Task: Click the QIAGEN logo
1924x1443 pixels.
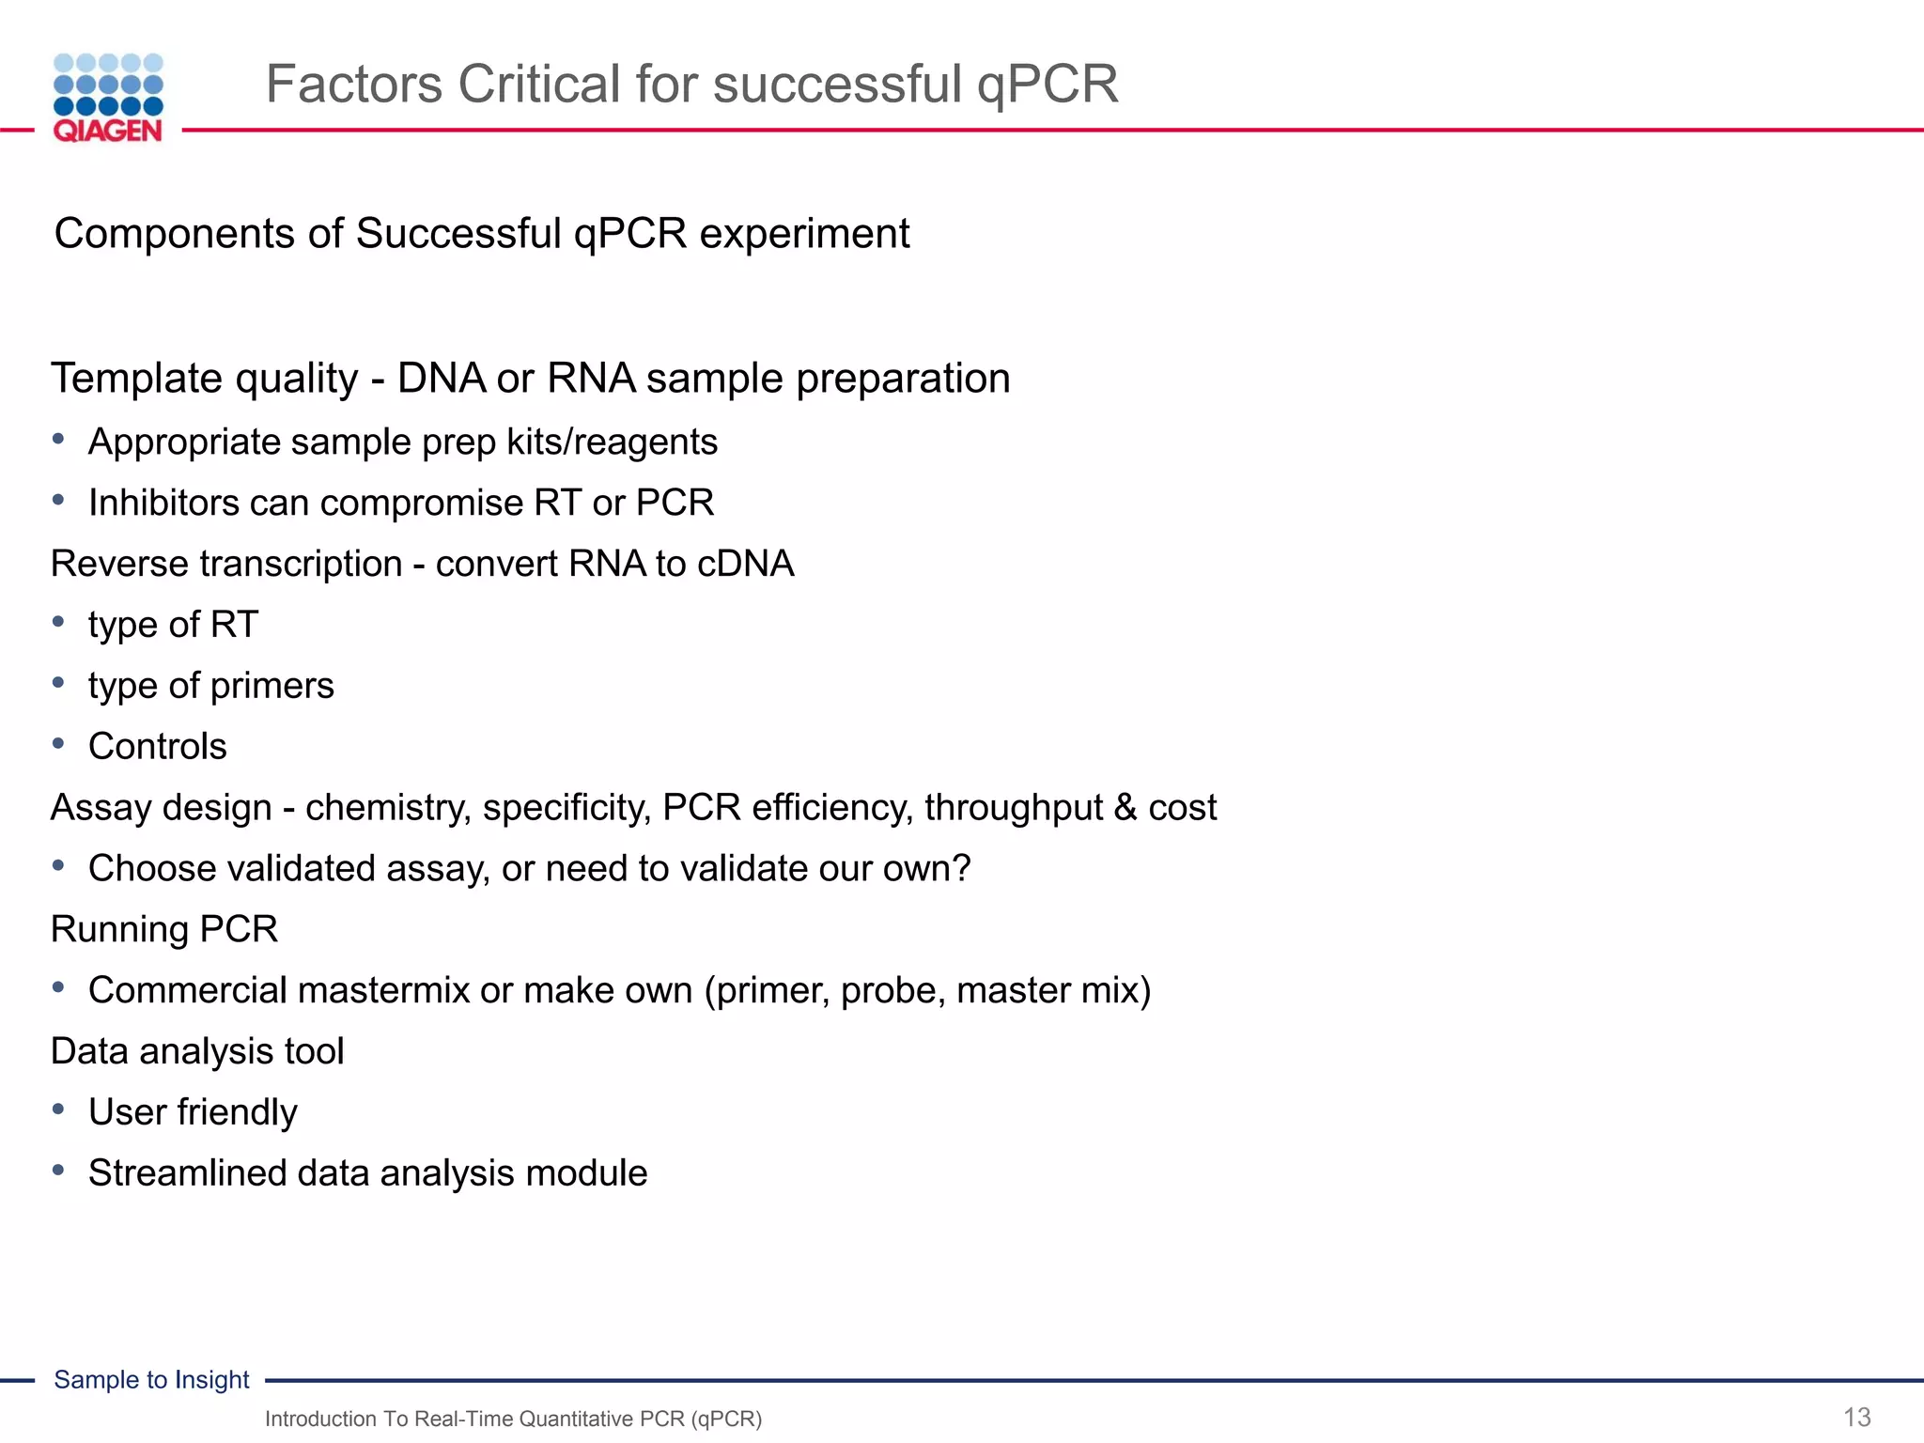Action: point(108,98)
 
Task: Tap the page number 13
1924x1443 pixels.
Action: point(1856,1417)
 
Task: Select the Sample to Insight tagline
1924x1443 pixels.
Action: point(151,1379)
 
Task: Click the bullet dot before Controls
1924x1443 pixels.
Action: point(58,744)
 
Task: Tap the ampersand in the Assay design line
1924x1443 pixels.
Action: point(1125,808)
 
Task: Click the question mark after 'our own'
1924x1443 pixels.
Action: point(961,868)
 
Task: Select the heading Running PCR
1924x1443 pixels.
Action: point(164,929)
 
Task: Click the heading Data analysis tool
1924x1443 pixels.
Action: point(197,1051)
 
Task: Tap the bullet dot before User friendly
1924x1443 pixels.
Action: point(58,1109)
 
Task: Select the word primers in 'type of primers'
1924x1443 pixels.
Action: point(272,686)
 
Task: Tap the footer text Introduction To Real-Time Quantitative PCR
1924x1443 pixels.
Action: point(513,1419)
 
